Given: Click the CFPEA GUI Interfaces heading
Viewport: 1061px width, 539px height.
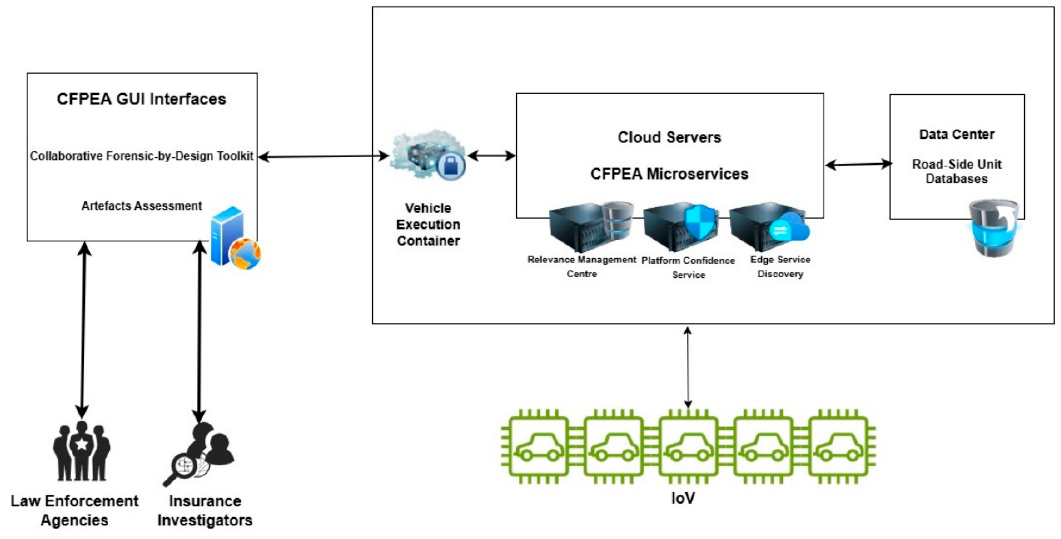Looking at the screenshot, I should [x=141, y=99].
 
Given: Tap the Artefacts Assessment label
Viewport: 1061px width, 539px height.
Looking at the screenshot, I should [x=141, y=206].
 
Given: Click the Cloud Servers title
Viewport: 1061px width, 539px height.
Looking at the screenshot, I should [x=669, y=137].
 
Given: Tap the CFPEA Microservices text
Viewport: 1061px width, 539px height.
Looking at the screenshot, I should [x=669, y=174].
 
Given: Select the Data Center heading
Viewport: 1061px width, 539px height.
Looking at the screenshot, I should [x=956, y=134].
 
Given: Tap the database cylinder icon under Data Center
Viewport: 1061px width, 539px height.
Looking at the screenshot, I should [x=993, y=229].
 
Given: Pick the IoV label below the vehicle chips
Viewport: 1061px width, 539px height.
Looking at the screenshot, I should [x=683, y=498].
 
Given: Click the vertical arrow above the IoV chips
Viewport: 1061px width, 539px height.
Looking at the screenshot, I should [x=687, y=367].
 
